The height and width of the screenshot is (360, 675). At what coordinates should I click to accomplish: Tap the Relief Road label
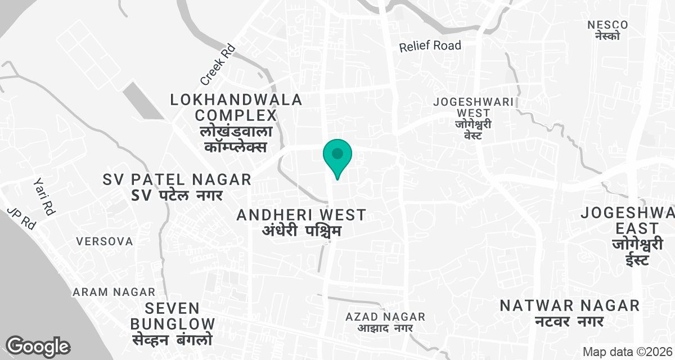(x=430, y=46)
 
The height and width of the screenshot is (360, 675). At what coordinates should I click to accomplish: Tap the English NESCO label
(x=607, y=25)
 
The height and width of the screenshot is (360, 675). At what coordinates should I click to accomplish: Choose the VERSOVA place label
(x=105, y=241)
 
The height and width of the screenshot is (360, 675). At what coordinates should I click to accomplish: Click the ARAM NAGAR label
(x=114, y=292)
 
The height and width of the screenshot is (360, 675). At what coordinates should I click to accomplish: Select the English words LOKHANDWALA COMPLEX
(x=236, y=108)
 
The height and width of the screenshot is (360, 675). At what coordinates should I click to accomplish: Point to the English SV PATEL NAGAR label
(x=177, y=180)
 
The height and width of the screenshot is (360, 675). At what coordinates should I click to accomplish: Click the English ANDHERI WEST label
(x=301, y=215)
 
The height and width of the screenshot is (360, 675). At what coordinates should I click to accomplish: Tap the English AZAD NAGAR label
(x=386, y=317)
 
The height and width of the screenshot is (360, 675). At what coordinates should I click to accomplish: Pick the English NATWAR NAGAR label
(x=570, y=305)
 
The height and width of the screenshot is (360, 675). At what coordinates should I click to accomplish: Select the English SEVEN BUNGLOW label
(x=173, y=316)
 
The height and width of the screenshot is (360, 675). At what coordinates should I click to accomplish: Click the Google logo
(x=38, y=346)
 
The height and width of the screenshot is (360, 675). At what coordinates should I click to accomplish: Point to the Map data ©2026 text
(x=627, y=352)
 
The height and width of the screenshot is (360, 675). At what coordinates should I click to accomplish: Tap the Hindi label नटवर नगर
(x=569, y=322)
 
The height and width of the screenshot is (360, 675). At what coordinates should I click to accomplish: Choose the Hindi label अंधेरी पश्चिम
(x=301, y=231)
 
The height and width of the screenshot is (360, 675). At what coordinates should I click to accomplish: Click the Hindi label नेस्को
(x=607, y=36)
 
